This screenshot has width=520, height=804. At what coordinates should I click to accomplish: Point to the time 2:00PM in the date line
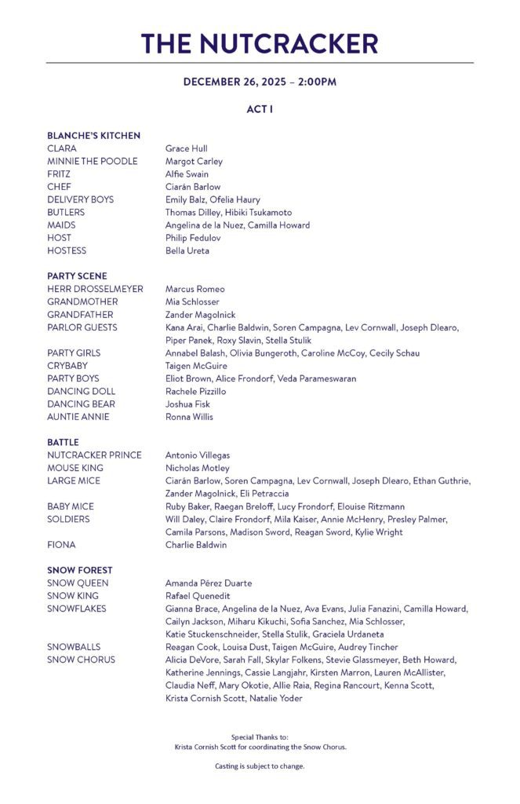[317, 82]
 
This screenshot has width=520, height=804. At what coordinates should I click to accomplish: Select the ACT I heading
[260, 110]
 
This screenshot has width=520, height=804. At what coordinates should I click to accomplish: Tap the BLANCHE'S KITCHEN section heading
[93, 136]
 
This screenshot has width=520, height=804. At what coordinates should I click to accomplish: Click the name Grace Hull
[186, 148]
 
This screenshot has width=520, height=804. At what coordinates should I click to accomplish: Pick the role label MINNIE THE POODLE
[92, 161]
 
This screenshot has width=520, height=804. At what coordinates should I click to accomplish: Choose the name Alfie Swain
[187, 174]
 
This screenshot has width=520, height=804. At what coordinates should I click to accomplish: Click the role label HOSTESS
[67, 250]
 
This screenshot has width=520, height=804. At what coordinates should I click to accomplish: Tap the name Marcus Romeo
[195, 289]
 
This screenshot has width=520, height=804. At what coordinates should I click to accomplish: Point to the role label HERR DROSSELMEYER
[95, 289]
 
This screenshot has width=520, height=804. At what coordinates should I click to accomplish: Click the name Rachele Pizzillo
[195, 391]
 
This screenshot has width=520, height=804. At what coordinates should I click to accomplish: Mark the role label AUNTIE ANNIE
[78, 417]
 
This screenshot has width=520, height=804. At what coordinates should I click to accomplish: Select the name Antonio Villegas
[197, 455]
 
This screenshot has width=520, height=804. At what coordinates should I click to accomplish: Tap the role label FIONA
[61, 545]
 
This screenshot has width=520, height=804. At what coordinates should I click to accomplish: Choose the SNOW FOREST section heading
[79, 570]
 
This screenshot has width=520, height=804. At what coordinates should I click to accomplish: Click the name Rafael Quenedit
[198, 596]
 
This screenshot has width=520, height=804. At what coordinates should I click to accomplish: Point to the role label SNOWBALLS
[74, 647]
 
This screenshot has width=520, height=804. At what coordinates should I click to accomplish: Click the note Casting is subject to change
[260, 766]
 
